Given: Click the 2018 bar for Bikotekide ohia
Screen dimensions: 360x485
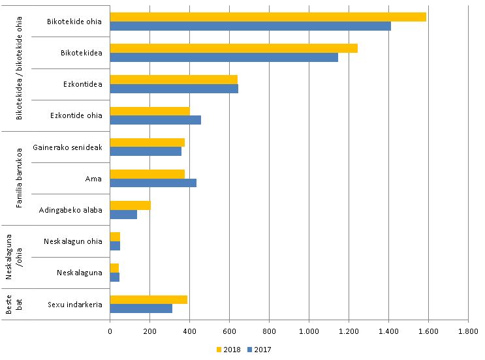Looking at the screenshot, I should pyautogui.click(x=268, y=16).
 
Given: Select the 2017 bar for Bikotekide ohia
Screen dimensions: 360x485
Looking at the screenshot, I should pyautogui.click(x=250, y=26).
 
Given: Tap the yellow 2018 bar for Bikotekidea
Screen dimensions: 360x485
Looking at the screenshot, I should pyautogui.click(x=234, y=48).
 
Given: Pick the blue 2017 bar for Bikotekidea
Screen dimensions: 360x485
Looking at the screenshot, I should pyautogui.click(x=224, y=57).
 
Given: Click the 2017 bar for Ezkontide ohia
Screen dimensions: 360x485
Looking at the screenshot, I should pyautogui.click(x=155, y=120).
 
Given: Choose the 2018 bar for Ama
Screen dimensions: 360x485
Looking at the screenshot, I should pyautogui.click(x=148, y=173).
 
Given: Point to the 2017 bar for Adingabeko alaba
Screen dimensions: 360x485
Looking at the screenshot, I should pyautogui.click(x=123, y=215).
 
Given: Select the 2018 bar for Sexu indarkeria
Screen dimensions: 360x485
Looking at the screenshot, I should pyautogui.click(x=149, y=299).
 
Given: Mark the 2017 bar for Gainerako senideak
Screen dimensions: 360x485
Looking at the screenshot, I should pyautogui.click(x=146, y=151).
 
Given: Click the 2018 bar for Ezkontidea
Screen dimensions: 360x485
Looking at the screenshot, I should pyautogui.click(x=174, y=80).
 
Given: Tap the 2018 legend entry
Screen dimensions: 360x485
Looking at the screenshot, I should pyautogui.click(x=228, y=349).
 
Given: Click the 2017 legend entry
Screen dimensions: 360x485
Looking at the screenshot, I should pyautogui.click(x=259, y=349).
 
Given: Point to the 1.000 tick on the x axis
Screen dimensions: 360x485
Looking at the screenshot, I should pyautogui.click(x=309, y=332).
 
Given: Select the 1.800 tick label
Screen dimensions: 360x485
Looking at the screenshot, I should pyautogui.click(x=468, y=332).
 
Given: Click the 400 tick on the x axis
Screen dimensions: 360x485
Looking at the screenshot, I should pyautogui.click(x=189, y=332).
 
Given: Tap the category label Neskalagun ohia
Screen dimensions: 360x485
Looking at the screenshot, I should pyautogui.click(x=73, y=241).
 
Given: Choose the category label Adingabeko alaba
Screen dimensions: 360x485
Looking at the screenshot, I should pyautogui.click(x=70, y=210).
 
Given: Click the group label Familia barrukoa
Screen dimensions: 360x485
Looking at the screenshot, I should pyautogui.click(x=20, y=178).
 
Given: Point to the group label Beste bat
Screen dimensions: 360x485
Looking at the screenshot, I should pyautogui.click(x=14, y=305).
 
